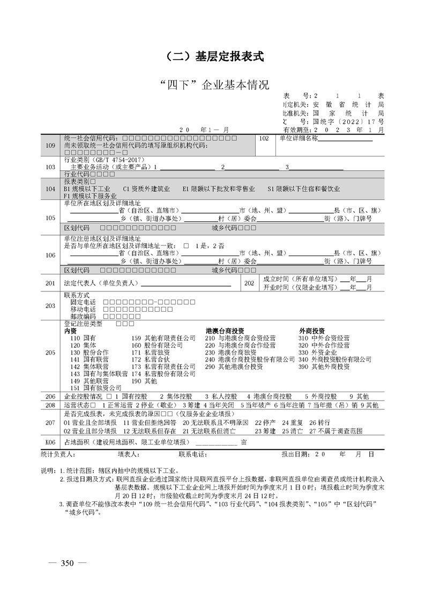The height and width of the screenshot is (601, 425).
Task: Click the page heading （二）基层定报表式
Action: pos(212,56)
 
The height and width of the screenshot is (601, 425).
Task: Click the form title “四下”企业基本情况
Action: pos(212,85)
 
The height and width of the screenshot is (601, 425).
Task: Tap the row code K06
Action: pos(50,442)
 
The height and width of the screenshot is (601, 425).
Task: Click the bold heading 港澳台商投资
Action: pos(225,331)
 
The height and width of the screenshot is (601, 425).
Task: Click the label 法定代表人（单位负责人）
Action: pos(101,282)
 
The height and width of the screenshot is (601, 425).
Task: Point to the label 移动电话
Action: pos(83,310)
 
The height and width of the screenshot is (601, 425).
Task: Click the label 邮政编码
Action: pos(83,317)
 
